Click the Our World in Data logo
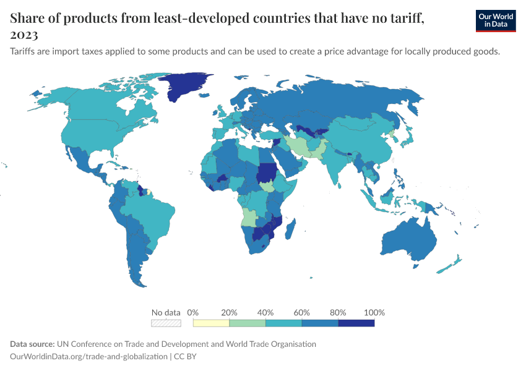(x=496, y=20)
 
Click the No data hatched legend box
(x=166, y=323)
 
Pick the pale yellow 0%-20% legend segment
(x=211, y=323)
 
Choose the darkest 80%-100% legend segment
(x=356, y=323)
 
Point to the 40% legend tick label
(x=265, y=312)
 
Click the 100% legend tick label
(x=374, y=312)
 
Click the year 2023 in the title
(x=24, y=35)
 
